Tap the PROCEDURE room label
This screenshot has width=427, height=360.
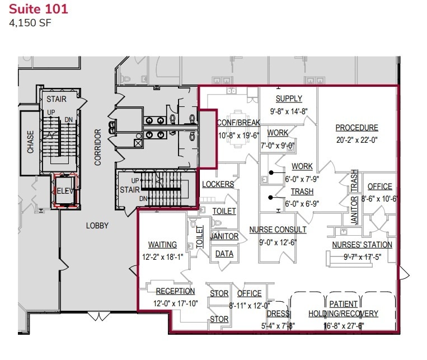(x=357, y=128)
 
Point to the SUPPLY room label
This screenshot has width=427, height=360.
(x=289, y=99)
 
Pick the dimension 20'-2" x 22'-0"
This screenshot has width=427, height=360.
(x=357, y=140)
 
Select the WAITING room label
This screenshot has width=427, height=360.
(x=162, y=245)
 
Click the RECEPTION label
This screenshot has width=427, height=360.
(x=175, y=291)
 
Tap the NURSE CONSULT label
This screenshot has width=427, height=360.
(x=278, y=230)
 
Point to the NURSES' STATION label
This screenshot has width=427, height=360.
(x=362, y=245)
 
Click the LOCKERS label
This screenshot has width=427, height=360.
(x=218, y=184)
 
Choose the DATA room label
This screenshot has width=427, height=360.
(x=224, y=254)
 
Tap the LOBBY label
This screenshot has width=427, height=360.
(x=97, y=226)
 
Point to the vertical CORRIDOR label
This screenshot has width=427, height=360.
(x=97, y=147)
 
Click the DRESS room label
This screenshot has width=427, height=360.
(x=278, y=314)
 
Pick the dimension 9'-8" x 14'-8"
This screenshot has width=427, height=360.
(x=289, y=111)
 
